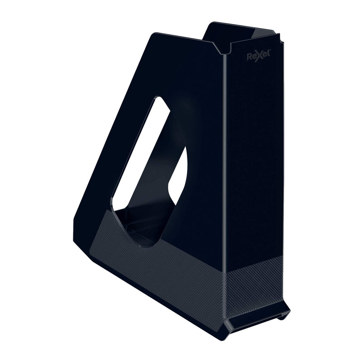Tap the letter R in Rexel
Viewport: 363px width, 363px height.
tap(250, 57)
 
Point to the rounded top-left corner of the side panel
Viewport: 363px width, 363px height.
tap(153, 35)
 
